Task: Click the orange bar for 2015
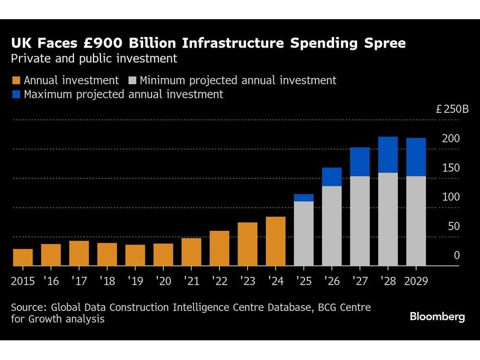pos(23,257)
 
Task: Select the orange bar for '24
pos(276,241)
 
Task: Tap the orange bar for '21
pos(191,252)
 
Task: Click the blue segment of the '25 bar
pos(303,198)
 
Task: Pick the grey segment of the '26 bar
pos(332,226)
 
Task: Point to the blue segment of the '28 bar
pos(388,155)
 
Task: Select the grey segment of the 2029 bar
pos(416,221)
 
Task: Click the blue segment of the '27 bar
pos(360,162)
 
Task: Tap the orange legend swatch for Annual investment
pos(16,81)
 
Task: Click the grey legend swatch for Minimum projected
pos(132,81)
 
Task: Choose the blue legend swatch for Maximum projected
pos(16,95)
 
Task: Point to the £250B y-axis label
pos(452,109)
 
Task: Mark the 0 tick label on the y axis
pos(457,255)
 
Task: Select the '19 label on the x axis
pos(135,281)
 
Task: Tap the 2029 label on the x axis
pos(416,281)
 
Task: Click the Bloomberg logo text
pos(437,317)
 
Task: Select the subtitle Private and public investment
pos(94,59)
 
